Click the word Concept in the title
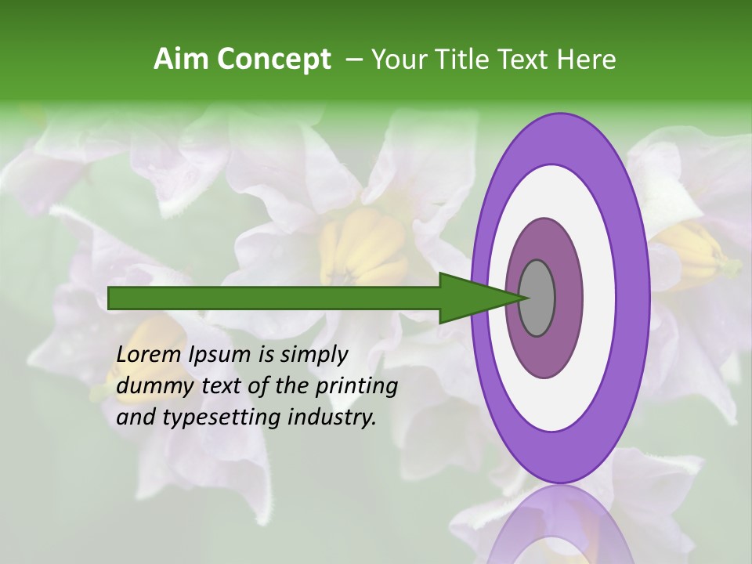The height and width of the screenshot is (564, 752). click(275, 60)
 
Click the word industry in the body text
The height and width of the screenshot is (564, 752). click(332, 418)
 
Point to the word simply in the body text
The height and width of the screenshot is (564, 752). click(314, 355)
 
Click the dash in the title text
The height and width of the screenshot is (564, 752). click(353, 60)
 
